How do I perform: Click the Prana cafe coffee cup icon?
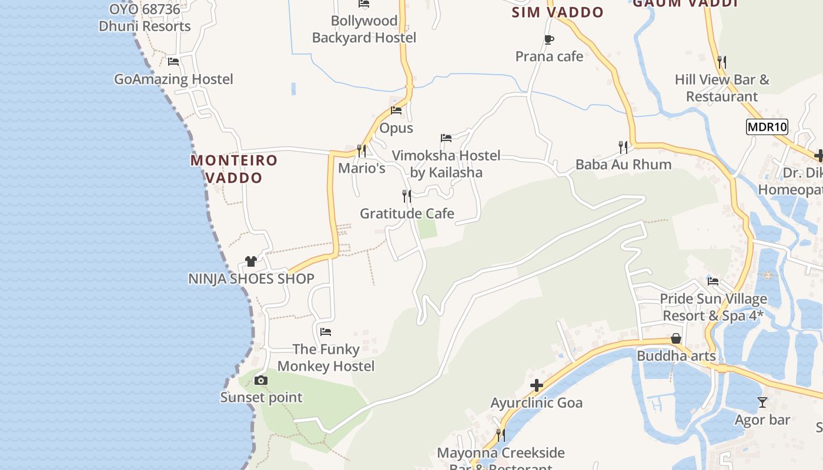(548, 40)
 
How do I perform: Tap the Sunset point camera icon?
(261, 381)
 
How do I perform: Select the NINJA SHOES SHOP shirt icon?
(251, 261)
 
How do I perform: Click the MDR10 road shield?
(767, 126)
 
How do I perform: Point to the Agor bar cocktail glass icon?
(762, 402)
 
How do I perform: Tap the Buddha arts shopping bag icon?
(676, 339)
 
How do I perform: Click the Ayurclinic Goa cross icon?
(536, 386)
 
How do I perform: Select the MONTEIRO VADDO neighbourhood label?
(234, 169)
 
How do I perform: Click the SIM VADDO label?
(557, 12)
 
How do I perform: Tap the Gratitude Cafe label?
(407, 213)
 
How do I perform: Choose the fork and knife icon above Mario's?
(362, 151)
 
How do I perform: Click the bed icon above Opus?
(396, 110)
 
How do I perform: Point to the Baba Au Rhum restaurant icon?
(623, 147)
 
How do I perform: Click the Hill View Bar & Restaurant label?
(722, 88)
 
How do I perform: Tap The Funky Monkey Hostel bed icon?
(326, 332)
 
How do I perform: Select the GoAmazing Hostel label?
(173, 79)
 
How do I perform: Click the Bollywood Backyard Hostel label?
(364, 29)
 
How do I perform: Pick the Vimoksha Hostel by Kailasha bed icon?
(446, 139)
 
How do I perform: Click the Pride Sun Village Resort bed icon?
(713, 281)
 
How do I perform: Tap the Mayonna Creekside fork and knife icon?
(500, 435)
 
